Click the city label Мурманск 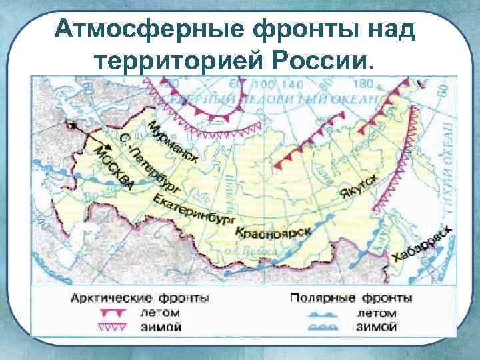(173, 142)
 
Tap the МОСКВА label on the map (113, 167)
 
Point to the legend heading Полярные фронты (351, 297)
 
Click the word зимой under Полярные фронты (377, 327)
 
